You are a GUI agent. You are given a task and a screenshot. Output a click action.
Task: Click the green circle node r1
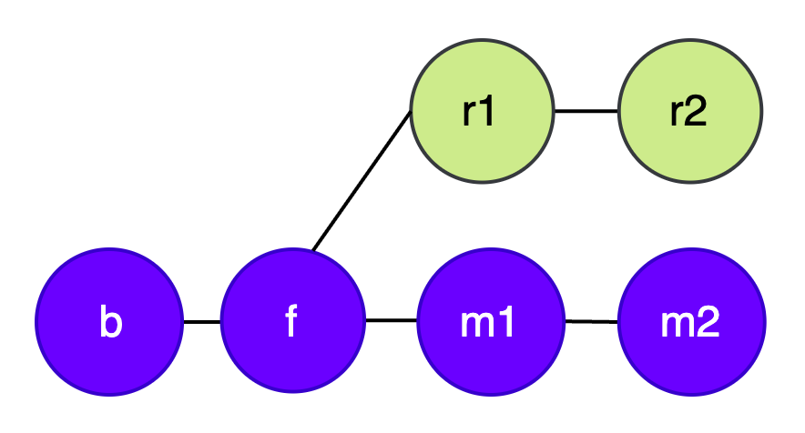tap(482, 111)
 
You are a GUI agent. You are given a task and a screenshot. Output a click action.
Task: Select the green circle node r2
tap(689, 111)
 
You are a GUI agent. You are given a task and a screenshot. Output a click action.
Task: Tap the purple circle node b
tap(109, 322)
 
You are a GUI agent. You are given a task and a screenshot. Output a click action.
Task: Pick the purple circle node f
tap(292, 322)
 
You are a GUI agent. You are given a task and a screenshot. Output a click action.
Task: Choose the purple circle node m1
tap(491, 322)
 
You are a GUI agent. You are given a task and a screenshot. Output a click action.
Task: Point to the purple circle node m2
tap(691, 322)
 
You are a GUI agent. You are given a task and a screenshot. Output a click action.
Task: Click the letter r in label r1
tap(469, 113)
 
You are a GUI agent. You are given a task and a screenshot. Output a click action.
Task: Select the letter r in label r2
tap(676, 113)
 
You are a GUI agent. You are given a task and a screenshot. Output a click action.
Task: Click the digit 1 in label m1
tap(505, 323)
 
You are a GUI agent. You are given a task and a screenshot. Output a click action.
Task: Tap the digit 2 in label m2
tap(707, 323)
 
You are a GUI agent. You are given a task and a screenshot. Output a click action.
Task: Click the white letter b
tap(109, 322)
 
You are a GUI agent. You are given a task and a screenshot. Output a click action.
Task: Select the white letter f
tap(291, 322)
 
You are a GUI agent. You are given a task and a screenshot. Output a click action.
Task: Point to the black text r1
tap(479, 111)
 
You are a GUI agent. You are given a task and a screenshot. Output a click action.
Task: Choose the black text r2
tap(688, 111)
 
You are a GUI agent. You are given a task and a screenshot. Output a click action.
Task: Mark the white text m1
tap(490, 323)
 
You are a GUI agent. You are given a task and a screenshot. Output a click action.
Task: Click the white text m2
tap(691, 323)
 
